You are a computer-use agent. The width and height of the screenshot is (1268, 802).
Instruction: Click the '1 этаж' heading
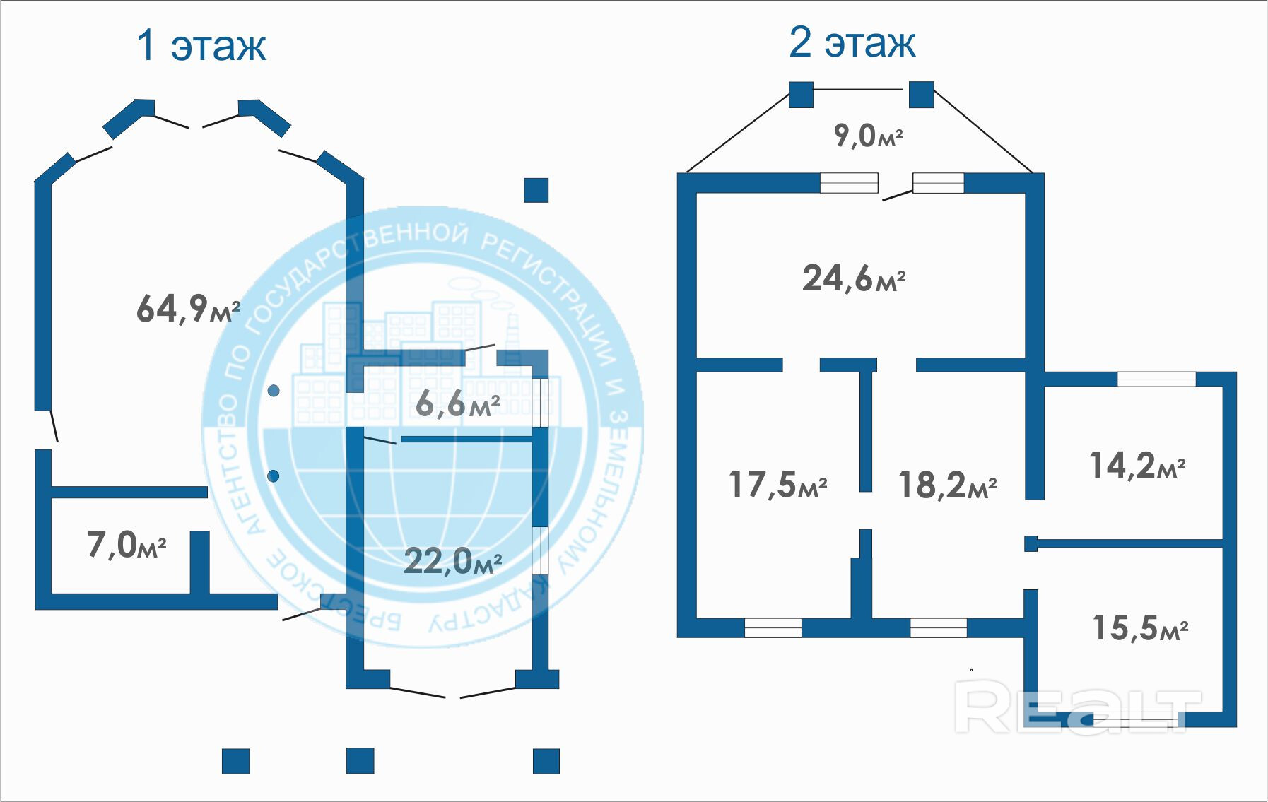click(x=201, y=45)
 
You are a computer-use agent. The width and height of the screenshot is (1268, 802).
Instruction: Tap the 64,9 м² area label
click(x=189, y=309)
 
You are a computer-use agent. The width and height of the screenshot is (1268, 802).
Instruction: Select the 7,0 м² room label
click(x=127, y=545)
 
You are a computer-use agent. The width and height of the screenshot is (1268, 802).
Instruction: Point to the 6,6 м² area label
click(x=458, y=403)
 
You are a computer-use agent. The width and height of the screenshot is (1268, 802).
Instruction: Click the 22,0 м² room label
click(x=453, y=561)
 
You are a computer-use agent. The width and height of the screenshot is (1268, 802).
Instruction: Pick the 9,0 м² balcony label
click(x=869, y=134)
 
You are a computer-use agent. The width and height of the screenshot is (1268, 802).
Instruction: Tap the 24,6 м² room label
click(x=854, y=278)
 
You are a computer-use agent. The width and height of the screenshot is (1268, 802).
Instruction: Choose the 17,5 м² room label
click(x=778, y=485)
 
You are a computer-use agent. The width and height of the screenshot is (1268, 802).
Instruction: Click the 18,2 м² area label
click(x=948, y=485)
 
